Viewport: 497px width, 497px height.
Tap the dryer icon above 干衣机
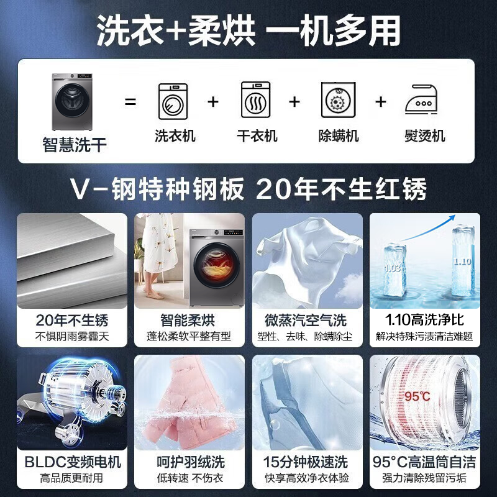[256, 101]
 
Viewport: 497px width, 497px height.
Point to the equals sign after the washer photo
[130, 101]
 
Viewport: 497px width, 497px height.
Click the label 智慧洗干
[75, 146]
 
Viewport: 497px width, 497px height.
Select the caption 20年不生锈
[72, 321]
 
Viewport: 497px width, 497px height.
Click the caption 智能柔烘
[188, 321]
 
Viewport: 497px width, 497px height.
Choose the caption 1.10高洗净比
[425, 321]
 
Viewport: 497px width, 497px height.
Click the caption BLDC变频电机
[72, 462]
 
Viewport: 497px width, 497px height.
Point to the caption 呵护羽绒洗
[188, 462]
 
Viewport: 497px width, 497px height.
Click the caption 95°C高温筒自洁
[425, 462]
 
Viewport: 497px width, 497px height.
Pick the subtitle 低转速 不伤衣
[188, 478]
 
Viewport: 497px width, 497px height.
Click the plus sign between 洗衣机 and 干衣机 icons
[213, 101]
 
